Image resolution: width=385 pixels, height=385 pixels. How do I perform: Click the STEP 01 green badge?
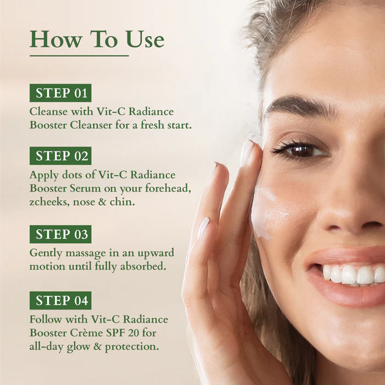pos(61,92)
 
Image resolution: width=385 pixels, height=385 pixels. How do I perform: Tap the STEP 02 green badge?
pos(61,156)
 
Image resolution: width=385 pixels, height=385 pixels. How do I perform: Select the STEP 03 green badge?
pos(61,234)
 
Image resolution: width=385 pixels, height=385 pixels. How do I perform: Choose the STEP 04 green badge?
pos(61,300)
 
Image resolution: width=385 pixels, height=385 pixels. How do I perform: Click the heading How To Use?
pos(97,39)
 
